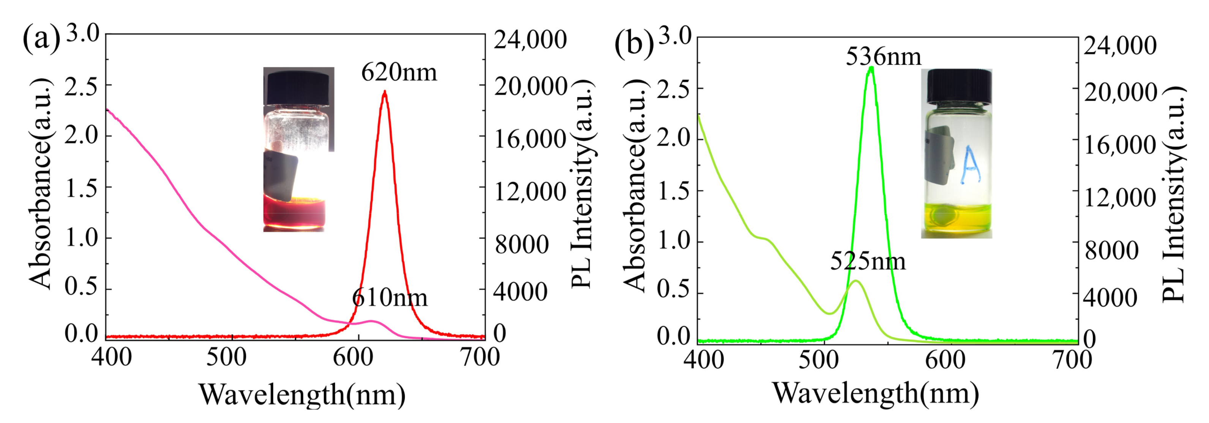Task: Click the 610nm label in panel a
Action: coord(390,298)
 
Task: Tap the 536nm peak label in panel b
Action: coord(883,57)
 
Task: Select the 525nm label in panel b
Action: coord(867,261)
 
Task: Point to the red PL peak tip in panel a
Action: coord(385,92)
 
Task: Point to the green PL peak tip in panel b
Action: coord(871,68)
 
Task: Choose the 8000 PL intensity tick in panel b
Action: coord(1111,250)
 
